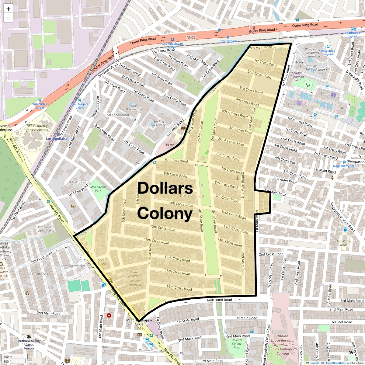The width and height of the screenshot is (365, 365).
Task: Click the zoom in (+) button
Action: (8, 9)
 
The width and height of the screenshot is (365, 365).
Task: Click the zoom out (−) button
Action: (8, 18)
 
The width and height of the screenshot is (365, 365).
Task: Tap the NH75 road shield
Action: (191, 37)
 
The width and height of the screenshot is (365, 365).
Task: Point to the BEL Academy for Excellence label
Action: (37, 128)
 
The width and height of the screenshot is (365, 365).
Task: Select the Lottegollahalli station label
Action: (58, 139)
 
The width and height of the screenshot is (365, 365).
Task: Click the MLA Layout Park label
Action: (98, 189)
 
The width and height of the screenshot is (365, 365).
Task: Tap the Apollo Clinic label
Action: (103, 262)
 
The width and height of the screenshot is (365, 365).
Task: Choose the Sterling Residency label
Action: (159, 123)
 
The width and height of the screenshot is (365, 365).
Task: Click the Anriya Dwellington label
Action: (134, 107)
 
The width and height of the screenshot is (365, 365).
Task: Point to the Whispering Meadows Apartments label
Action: (312, 53)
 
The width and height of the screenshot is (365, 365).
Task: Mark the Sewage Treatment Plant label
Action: (297, 76)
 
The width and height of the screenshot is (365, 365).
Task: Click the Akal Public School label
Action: (344, 243)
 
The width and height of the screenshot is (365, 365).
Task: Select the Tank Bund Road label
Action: (219, 300)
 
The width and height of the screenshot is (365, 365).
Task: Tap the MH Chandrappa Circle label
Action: (139, 322)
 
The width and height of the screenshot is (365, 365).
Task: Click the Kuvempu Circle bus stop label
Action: (40, 106)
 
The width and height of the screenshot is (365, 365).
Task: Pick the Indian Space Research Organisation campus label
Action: (283, 345)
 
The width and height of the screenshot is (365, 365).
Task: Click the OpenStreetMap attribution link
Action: (335, 363)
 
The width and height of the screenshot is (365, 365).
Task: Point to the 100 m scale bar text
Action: (8, 357)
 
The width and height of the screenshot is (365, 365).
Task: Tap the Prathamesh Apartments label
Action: (46, 229)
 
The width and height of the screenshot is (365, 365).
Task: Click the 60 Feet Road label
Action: (342, 322)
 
